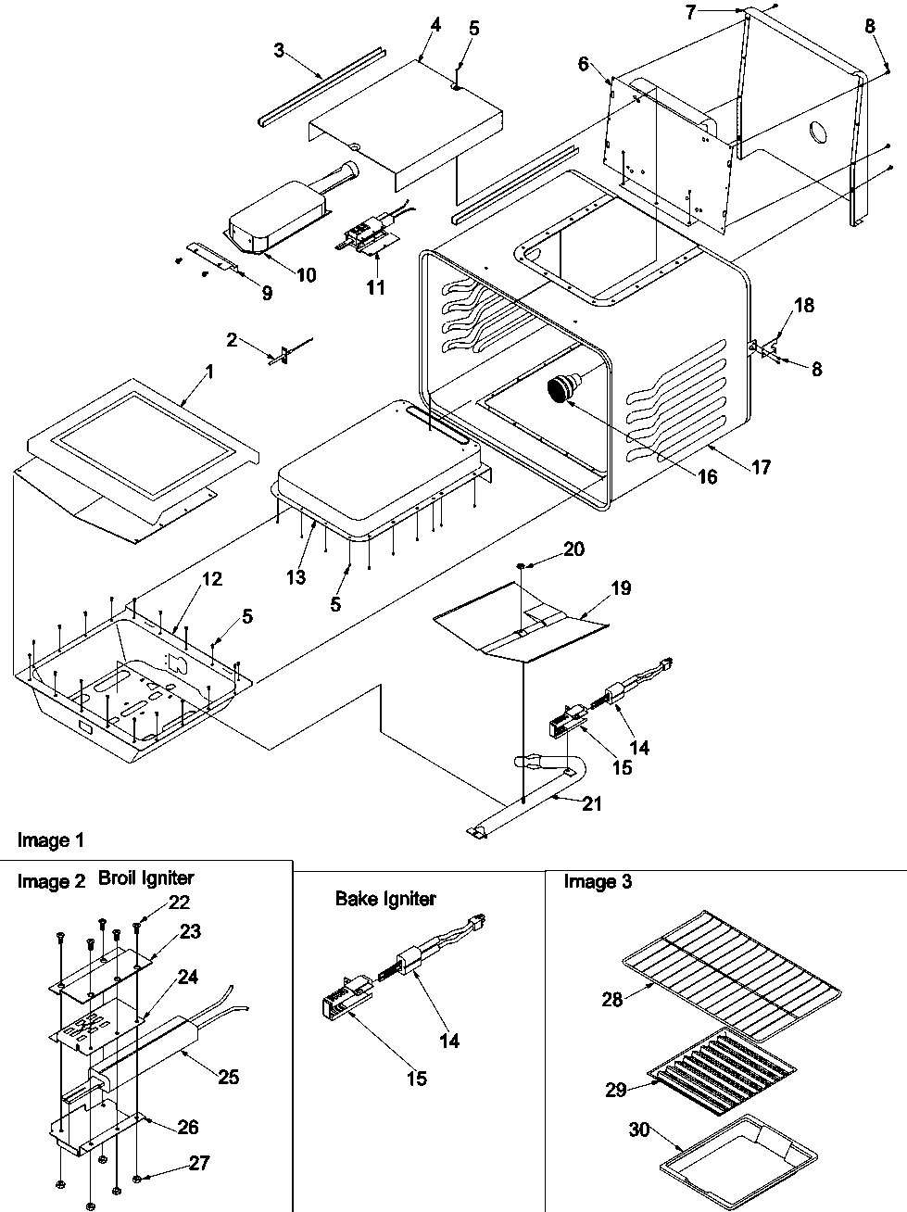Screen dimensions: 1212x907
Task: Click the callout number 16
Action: tap(707, 477)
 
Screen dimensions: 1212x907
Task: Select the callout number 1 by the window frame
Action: tap(208, 372)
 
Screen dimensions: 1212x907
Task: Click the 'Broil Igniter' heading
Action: tap(145, 877)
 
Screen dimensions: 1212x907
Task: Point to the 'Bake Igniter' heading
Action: tap(385, 898)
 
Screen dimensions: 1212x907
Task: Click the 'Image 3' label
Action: tap(598, 882)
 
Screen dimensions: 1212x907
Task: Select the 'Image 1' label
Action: tap(51, 840)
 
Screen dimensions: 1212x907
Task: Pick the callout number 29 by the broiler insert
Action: tap(616, 1090)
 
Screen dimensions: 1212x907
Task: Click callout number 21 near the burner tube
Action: tap(590, 804)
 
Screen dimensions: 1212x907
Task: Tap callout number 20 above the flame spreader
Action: tap(573, 549)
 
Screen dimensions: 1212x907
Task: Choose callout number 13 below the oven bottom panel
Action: tap(295, 577)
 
